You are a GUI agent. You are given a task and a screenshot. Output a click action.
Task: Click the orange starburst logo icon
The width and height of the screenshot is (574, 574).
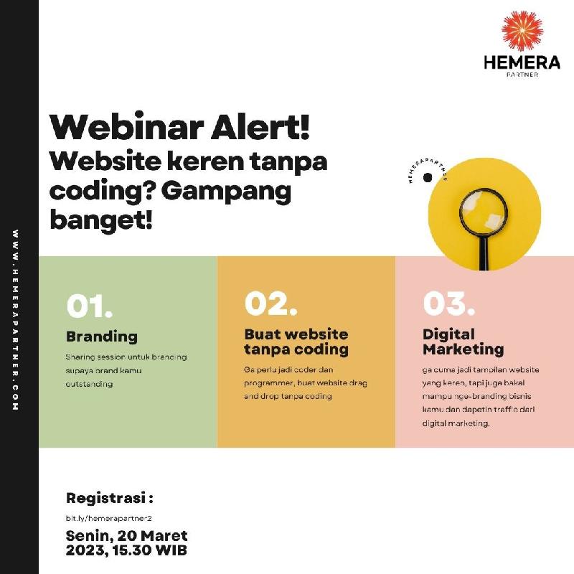[522, 31]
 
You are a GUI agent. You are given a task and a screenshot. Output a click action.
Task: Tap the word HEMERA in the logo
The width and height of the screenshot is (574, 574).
[522, 62]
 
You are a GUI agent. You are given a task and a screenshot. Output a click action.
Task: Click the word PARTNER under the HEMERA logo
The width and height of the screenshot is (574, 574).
[522, 75]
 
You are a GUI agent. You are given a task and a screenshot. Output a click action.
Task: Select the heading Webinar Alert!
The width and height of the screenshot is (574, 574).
[180, 127]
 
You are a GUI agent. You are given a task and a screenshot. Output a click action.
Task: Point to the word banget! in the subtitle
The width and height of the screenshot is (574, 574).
[100, 220]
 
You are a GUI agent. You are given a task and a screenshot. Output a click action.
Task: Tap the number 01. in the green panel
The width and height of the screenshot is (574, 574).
[89, 306]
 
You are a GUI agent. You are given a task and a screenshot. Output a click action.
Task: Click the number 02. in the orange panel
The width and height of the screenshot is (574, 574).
[271, 303]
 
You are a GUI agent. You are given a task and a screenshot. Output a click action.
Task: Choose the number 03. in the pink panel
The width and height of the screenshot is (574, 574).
[449, 303]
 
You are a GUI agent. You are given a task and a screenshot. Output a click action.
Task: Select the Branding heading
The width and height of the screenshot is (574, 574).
[102, 337]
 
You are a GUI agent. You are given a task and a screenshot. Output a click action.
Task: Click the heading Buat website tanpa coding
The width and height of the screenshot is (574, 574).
[296, 342]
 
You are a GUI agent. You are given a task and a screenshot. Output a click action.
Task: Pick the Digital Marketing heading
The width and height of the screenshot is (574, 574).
[463, 342]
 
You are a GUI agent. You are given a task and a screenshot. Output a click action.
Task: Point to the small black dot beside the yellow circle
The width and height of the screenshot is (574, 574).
[427, 177]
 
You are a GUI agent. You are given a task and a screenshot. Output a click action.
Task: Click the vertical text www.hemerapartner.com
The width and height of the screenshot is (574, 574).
[15, 320]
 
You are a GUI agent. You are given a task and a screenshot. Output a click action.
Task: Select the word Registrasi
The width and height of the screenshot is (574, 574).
[105, 498]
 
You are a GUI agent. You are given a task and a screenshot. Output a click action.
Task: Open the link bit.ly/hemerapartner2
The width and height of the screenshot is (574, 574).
[109, 518]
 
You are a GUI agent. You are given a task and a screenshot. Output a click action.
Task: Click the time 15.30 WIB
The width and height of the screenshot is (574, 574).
[150, 550]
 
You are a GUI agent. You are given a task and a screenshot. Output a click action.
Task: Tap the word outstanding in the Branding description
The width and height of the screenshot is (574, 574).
[89, 384]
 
